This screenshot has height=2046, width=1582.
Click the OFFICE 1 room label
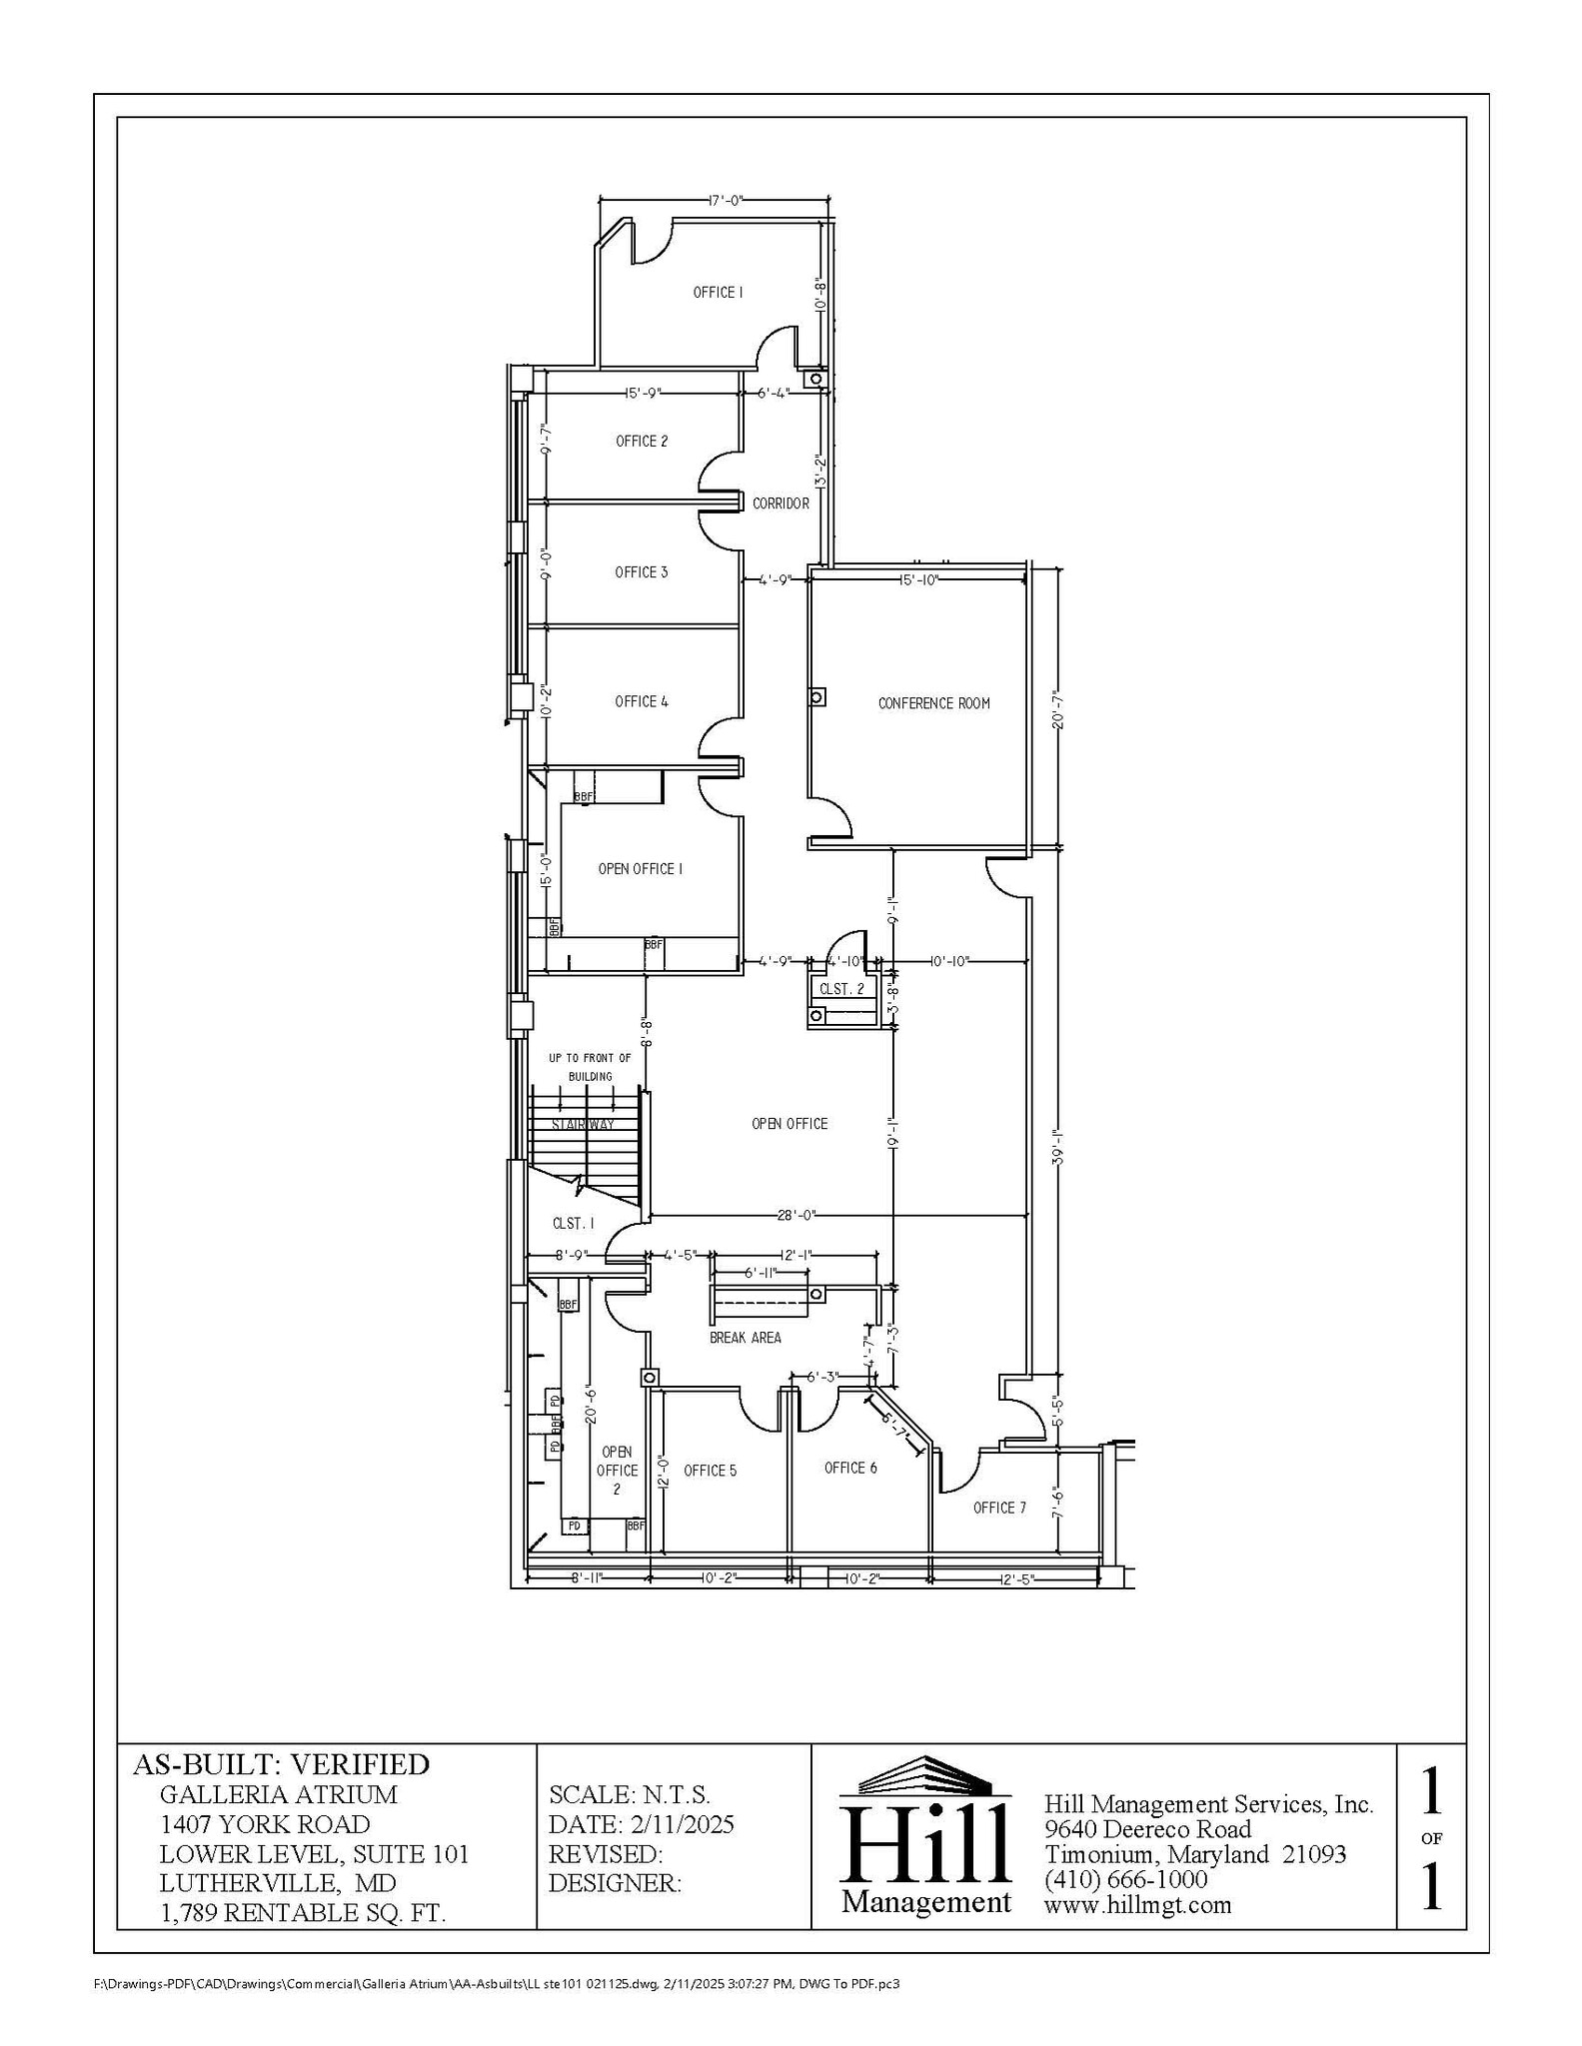click(x=718, y=293)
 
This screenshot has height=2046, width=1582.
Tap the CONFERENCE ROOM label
click(x=933, y=703)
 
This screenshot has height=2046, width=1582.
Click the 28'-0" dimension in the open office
click(x=796, y=1216)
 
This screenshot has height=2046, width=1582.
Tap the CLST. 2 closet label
click(x=841, y=989)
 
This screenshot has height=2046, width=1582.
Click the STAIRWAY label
click(x=583, y=1125)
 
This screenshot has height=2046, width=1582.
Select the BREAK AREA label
click(x=745, y=1338)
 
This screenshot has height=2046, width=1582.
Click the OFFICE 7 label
click(x=999, y=1508)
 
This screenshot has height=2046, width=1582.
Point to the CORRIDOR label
click(x=781, y=504)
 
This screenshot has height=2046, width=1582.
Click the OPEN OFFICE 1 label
click(x=640, y=869)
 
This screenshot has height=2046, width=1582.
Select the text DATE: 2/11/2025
click(x=641, y=1824)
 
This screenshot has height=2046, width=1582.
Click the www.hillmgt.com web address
click(x=1137, y=1904)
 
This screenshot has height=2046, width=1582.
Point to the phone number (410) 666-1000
click(x=1125, y=1879)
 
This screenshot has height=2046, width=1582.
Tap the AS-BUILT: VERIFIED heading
click(x=281, y=1765)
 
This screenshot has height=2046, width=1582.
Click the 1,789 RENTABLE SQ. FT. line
click(x=303, y=1912)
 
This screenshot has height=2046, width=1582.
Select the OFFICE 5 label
click(x=710, y=1471)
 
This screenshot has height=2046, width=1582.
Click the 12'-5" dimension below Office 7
click(x=1015, y=1578)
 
